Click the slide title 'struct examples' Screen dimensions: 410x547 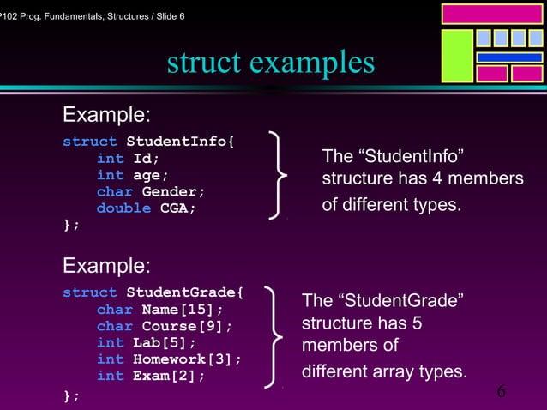[271, 63]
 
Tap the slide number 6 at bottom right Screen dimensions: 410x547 [501, 392]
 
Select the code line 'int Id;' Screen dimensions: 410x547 [128, 159]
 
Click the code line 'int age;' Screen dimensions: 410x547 [133, 175]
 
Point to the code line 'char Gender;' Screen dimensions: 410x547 [150, 191]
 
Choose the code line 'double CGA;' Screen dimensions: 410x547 [146, 208]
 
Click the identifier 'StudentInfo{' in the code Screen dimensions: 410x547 [178, 142]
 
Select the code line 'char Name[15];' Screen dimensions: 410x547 [159, 310]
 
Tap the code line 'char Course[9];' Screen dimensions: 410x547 [164, 326]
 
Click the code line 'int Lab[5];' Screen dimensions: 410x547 [147, 342]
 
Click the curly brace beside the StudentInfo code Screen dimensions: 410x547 [275, 175]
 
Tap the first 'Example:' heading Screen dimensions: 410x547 [108, 115]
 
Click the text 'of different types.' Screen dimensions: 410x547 [391, 206]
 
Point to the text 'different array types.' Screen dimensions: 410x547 [384, 372]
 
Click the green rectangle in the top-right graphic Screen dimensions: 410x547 [457, 57]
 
